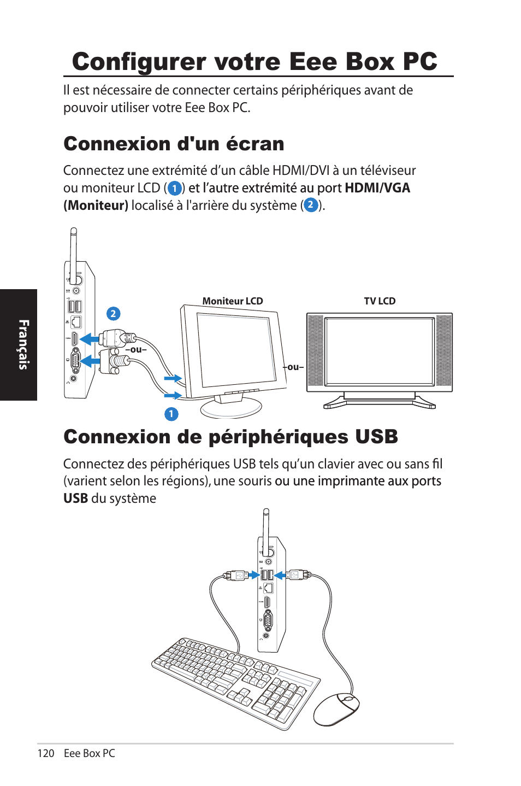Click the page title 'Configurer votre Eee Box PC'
point(254,62)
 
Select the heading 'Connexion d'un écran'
point(174,144)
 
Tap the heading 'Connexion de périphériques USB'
point(230,437)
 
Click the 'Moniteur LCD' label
point(233,301)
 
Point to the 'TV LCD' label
point(380,301)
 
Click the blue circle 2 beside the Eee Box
point(113,314)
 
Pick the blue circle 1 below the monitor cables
point(171,414)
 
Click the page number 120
point(46,753)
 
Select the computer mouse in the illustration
point(336,709)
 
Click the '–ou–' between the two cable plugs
point(137,350)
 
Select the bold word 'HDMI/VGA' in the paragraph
point(377,188)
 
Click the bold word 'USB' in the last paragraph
point(75,498)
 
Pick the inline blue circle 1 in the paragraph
point(174,189)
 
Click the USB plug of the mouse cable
point(296,575)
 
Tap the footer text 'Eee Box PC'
point(90,753)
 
